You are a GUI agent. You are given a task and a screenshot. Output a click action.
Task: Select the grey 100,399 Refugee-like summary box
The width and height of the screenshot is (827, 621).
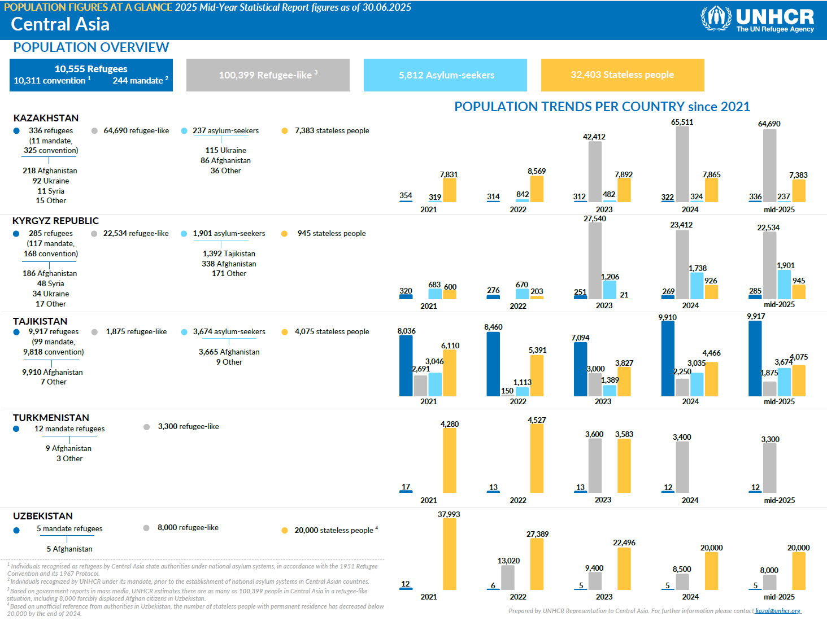tap(268, 75)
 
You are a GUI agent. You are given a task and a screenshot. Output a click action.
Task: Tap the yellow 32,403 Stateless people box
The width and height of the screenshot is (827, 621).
tap(622, 75)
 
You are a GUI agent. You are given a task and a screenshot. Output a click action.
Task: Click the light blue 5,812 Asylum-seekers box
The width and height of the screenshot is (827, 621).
tap(445, 75)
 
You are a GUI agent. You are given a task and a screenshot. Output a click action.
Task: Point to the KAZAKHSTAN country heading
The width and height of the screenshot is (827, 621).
tap(46, 118)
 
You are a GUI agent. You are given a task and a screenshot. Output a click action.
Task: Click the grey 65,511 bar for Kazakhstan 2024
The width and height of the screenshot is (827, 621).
tap(682, 164)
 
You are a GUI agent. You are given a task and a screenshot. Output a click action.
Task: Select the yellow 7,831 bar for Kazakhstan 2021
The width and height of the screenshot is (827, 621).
tap(449, 190)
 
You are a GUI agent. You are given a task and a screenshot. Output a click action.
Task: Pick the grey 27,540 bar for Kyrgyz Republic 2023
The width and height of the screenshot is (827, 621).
tap(594, 260)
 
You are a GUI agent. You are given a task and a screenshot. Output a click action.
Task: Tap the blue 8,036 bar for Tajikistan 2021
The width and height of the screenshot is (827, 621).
tap(406, 366)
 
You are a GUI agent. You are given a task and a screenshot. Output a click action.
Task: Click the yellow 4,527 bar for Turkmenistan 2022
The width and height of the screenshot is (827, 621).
tap(536, 458)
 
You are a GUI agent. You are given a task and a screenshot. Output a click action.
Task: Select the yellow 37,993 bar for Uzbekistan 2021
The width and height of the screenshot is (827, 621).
tap(449, 554)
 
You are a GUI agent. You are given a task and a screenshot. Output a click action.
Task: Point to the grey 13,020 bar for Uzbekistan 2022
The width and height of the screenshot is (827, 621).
tap(507, 577)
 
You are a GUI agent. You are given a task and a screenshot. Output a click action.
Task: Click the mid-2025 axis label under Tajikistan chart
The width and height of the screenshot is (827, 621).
tap(779, 401)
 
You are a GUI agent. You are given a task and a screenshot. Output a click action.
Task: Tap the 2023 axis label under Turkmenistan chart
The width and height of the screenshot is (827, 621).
tap(603, 500)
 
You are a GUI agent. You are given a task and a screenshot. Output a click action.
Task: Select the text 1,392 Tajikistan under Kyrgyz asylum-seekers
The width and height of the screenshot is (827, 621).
tap(229, 253)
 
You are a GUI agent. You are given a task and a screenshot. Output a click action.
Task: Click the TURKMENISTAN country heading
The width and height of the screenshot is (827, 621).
tap(51, 418)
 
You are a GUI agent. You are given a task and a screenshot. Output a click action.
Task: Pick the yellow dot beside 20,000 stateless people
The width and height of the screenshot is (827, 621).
tap(285, 530)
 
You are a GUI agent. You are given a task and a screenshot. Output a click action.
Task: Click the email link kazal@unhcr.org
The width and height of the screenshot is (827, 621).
tap(778, 611)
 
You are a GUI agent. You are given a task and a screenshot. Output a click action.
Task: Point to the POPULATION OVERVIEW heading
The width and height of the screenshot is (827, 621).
tap(91, 47)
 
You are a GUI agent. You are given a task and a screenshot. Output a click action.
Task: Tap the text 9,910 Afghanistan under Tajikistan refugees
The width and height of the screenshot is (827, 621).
tap(53, 372)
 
